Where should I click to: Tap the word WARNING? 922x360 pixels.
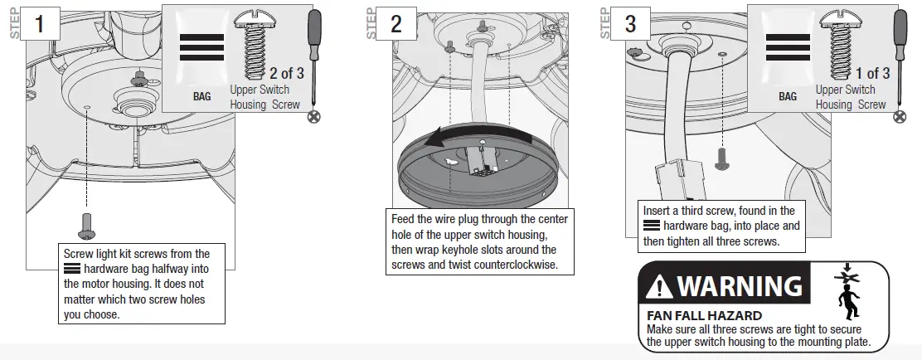[740, 286]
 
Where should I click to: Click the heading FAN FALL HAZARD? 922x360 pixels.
[704, 316]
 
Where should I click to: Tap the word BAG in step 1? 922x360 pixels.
[201, 96]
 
